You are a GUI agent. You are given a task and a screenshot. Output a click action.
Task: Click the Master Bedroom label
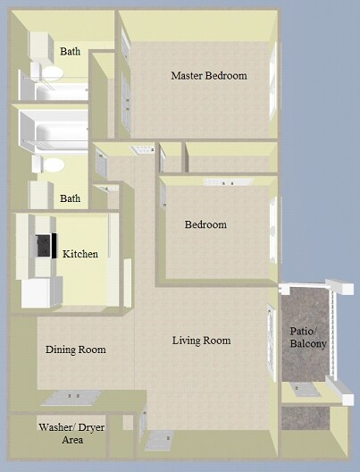[208, 76]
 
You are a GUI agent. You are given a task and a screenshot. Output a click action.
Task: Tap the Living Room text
[201, 341]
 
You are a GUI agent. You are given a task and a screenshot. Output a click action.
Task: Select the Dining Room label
[76, 350]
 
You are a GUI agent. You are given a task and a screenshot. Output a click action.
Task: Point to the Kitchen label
[80, 255]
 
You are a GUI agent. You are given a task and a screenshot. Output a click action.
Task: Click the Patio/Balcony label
[308, 337]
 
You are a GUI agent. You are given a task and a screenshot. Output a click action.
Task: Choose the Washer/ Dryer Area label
[62, 434]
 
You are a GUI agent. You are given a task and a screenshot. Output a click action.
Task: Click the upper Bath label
[70, 52]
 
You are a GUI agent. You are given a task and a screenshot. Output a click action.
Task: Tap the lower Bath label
[70, 198]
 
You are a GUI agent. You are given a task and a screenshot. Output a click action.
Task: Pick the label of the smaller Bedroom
[205, 224]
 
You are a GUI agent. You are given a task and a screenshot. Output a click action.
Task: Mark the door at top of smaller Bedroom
[219, 182]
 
